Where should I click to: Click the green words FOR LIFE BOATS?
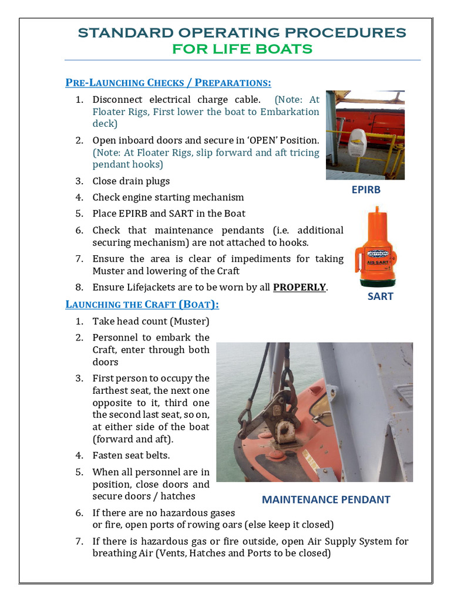click(x=242, y=49)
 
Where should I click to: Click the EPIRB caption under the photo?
click(x=366, y=190)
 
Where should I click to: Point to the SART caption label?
click(x=380, y=296)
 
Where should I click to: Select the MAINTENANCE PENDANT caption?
click(x=326, y=499)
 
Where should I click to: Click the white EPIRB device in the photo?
click(x=357, y=142)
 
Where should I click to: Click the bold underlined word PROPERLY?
click(x=299, y=288)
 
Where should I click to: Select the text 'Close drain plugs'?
click(x=131, y=181)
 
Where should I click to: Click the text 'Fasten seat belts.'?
click(x=132, y=455)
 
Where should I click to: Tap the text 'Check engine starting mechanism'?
click(x=168, y=197)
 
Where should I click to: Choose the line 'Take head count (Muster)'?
click(x=151, y=321)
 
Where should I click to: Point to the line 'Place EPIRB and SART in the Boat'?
click(x=169, y=214)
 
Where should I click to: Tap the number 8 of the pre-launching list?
click(x=79, y=288)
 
